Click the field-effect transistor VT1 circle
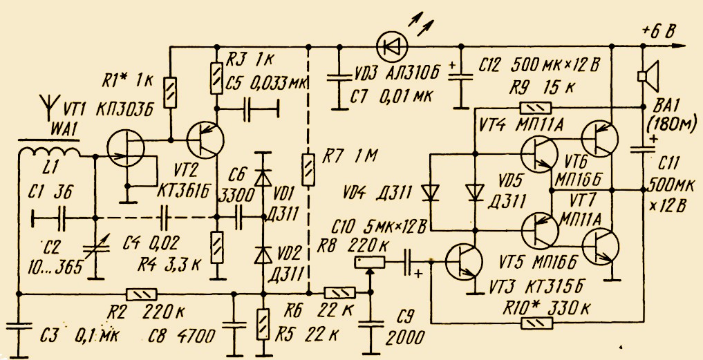[126, 147]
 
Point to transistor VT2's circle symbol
[205, 140]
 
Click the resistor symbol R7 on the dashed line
[308, 169]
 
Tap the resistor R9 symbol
[535, 108]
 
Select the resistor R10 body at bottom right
[536, 323]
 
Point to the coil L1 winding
[48, 152]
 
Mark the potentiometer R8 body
[369, 262]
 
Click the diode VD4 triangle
[431, 193]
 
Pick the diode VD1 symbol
[263, 178]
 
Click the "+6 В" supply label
[658, 31]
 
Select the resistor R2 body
[142, 294]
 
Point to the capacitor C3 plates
[19, 326]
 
